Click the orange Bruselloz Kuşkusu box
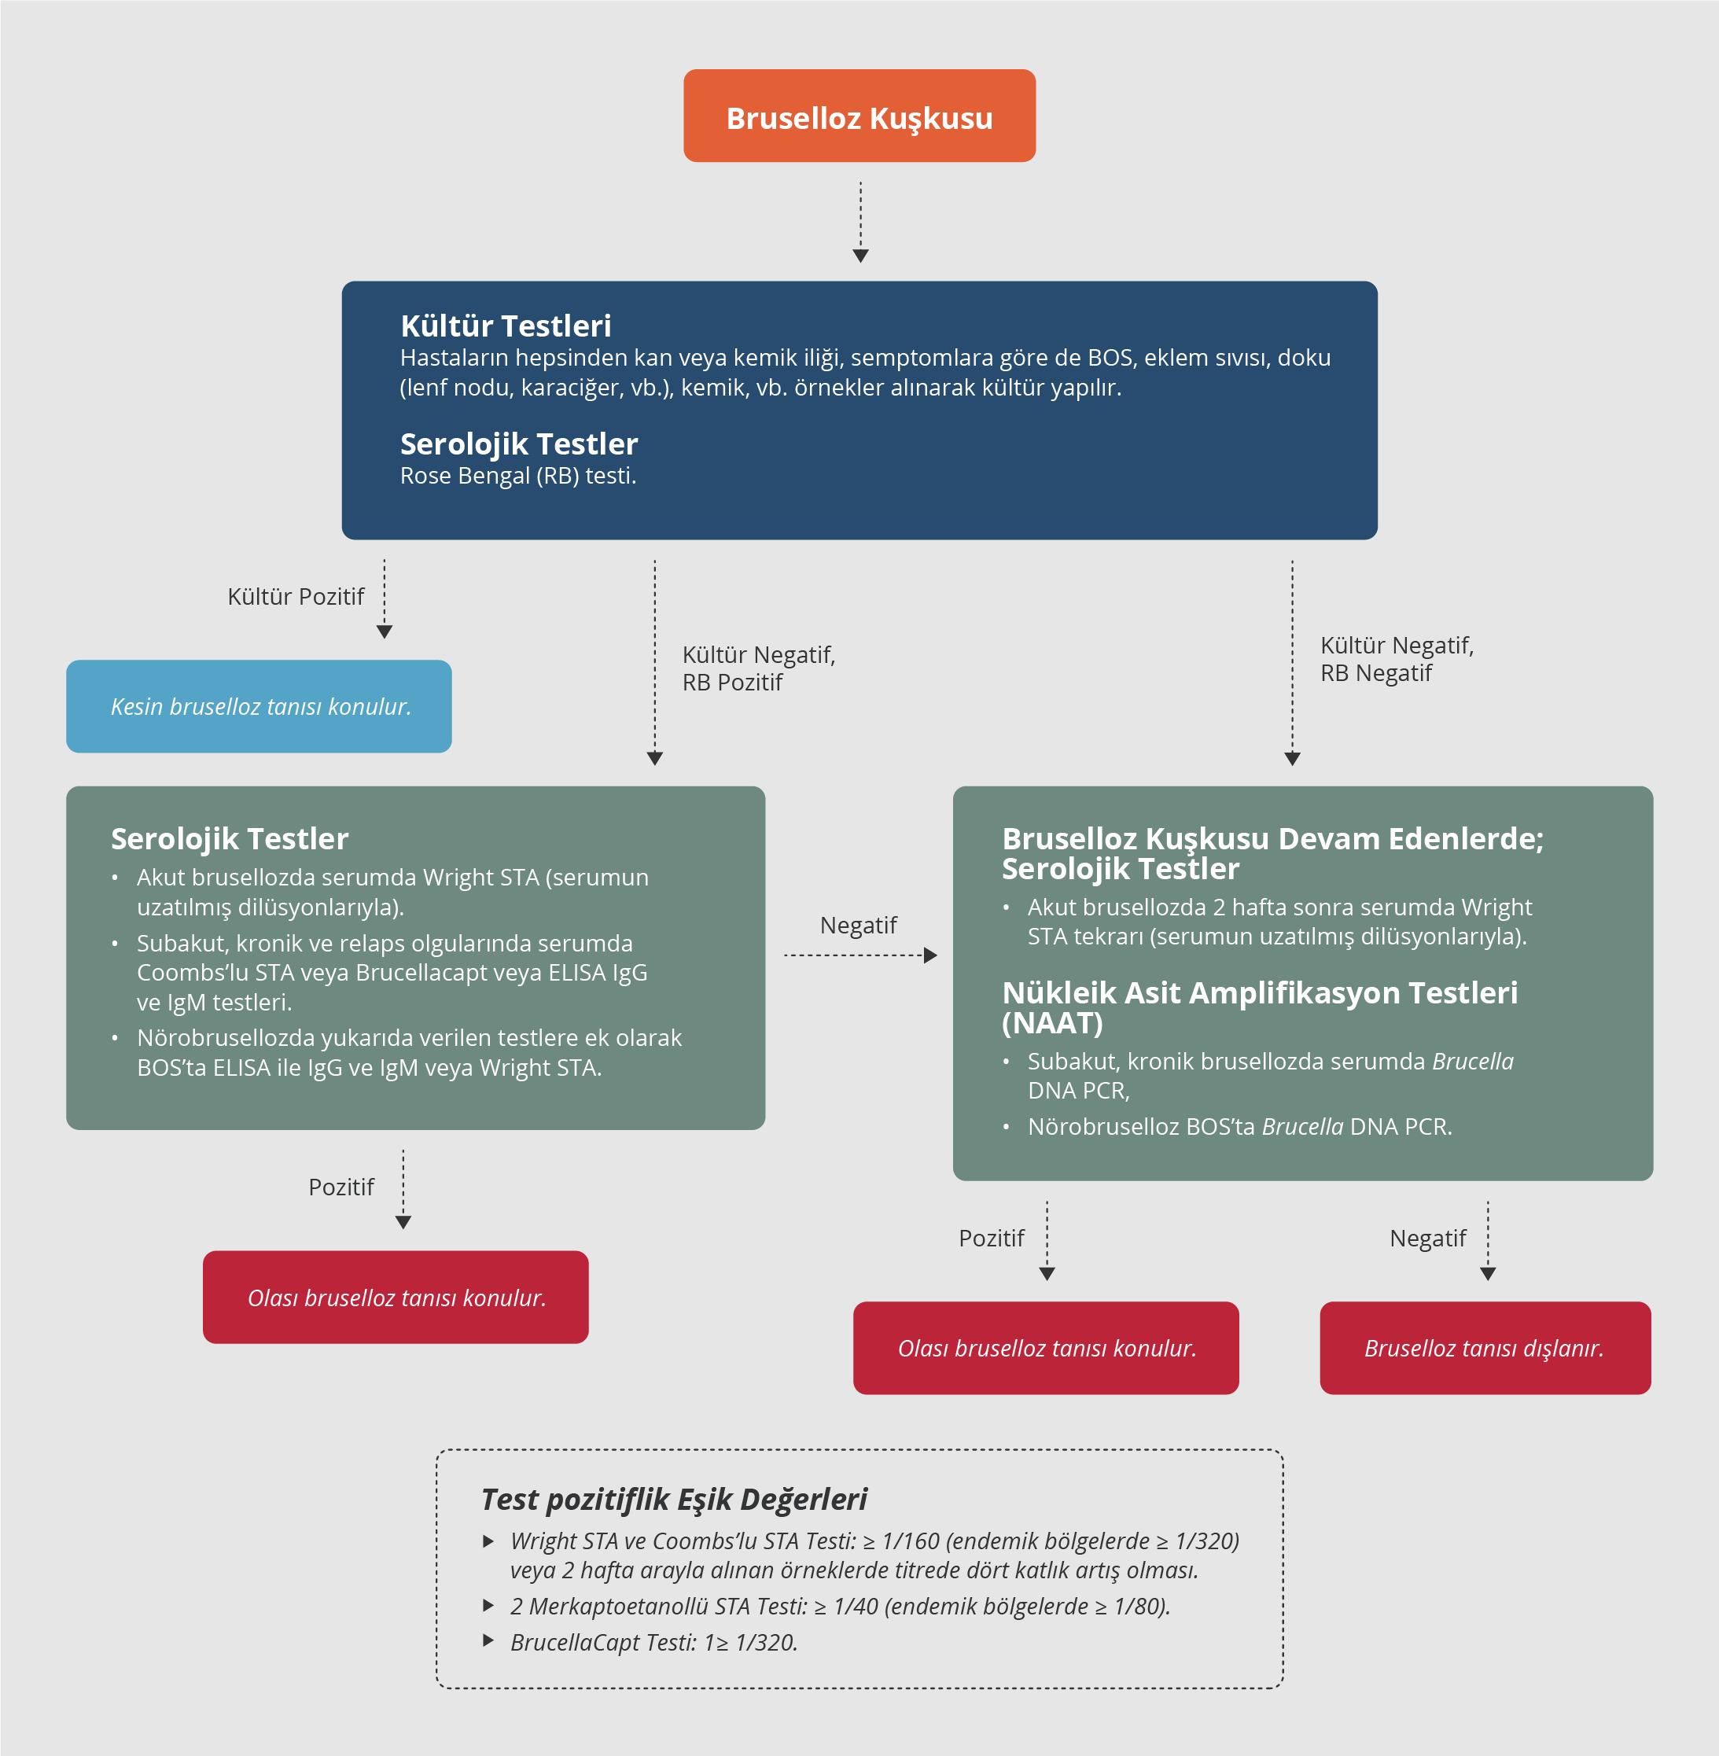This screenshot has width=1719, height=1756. (x=859, y=116)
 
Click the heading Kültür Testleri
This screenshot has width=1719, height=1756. (x=506, y=326)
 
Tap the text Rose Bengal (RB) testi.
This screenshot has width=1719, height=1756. (x=518, y=476)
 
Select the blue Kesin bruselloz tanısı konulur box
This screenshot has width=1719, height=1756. (x=260, y=706)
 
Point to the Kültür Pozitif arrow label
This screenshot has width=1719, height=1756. (x=295, y=597)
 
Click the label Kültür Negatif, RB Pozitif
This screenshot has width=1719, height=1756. (x=758, y=668)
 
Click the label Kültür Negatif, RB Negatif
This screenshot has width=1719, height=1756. (x=1396, y=659)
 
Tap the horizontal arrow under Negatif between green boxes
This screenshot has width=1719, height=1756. (x=859, y=955)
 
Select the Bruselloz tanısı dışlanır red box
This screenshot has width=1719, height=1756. (x=1484, y=1348)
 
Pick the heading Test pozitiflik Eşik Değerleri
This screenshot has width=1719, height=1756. (x=673, y=1499)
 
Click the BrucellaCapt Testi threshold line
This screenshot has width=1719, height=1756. (x=653, y=1642)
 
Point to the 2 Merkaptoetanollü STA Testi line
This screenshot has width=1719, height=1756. (x=840, y=1606)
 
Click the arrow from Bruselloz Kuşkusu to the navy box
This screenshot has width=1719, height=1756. (x=860, y=221)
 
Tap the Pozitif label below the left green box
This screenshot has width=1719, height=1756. (x=341, y=1187)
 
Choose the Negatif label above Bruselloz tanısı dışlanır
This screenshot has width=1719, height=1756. (x=1427, y=1238)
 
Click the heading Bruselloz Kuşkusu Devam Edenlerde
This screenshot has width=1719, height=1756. (x=1272, y=839)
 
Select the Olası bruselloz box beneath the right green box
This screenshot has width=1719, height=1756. (x=1046, y=1348)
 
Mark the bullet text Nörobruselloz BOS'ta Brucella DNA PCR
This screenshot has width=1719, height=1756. (x=1239, y=1127)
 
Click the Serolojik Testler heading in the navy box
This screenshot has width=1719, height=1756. (x=519, y=444)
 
